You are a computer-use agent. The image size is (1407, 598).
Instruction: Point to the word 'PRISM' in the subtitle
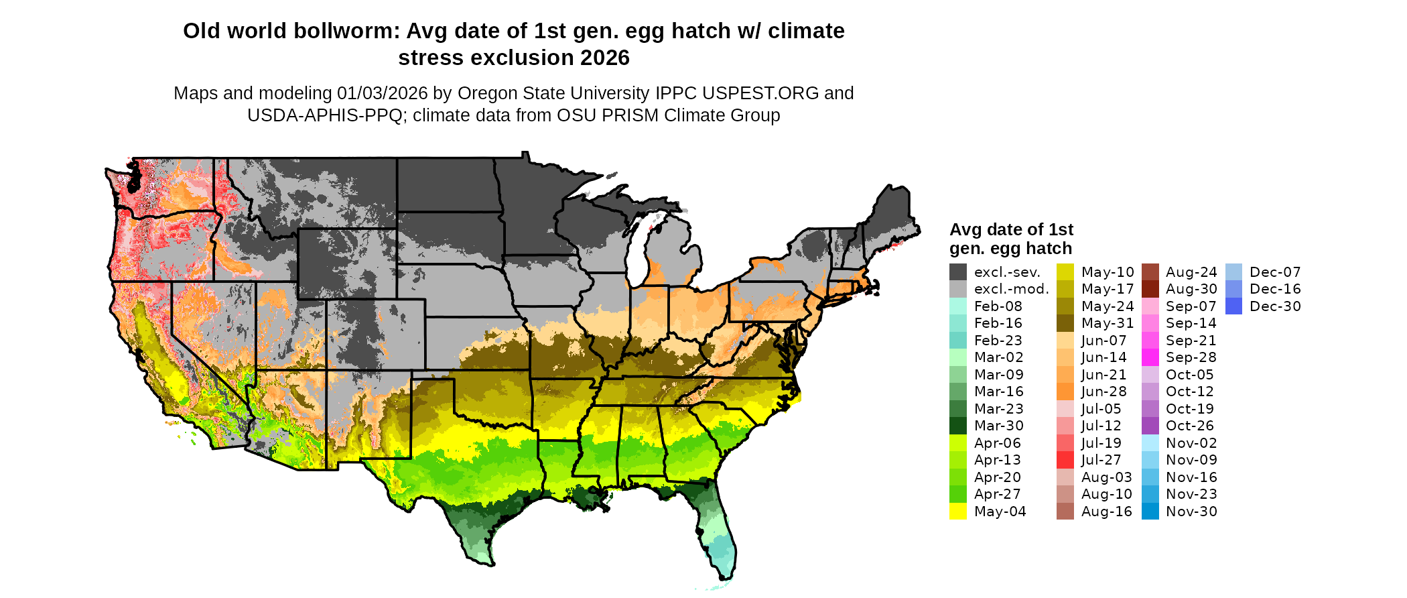(x=630, y=115)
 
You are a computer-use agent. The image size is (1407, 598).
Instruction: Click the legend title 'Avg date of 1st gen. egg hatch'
(x=1011, y=239)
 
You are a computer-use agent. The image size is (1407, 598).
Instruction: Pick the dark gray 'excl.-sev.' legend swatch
(x=958, y=272)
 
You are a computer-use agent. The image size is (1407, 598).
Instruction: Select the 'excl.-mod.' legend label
(x=1011, y=290)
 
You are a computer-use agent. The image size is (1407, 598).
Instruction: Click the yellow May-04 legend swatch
(x=958, y=512)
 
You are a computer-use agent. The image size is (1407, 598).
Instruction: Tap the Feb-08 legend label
(x=998, y=306)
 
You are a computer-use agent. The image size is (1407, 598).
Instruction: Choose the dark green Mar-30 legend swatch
(x=958, y=426)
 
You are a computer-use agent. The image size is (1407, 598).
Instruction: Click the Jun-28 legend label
(x=1103, y=392)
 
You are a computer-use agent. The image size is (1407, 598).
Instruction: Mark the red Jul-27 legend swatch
(x=1065, y=460)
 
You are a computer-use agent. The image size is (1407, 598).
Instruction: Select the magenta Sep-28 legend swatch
(x=1150, y=357)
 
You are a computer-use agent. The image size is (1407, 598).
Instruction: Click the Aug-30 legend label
(x=1191, y=290)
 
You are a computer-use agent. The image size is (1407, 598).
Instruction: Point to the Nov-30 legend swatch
(x=1150, y=512)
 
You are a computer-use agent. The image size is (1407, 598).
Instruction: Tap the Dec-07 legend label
(x=1275, y=272)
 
